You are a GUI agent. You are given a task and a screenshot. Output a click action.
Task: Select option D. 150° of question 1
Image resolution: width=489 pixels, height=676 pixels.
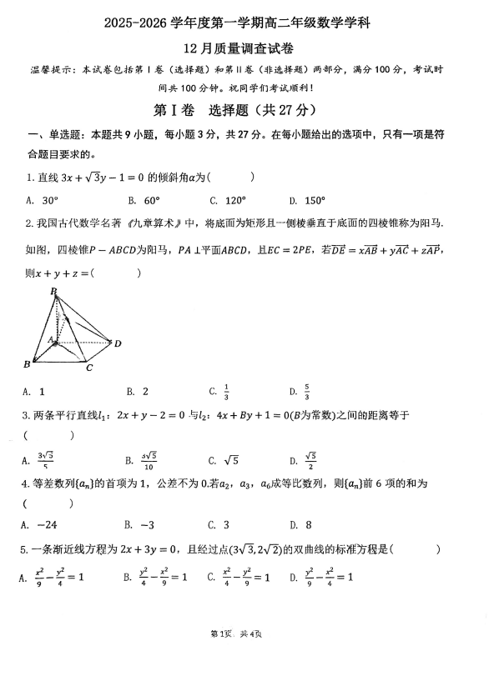305,200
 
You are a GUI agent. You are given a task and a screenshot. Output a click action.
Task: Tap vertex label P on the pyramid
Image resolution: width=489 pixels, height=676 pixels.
53,291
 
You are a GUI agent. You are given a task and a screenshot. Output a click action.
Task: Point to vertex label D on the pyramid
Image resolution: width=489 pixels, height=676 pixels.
118,343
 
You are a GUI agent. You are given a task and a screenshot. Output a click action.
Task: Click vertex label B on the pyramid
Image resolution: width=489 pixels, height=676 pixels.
28,364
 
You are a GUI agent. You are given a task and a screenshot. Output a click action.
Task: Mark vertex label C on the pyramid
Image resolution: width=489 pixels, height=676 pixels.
88,367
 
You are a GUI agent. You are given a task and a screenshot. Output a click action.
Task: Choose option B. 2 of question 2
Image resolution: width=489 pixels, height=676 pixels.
137,391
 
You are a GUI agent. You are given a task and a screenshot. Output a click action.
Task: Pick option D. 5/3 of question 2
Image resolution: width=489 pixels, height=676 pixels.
300,391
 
